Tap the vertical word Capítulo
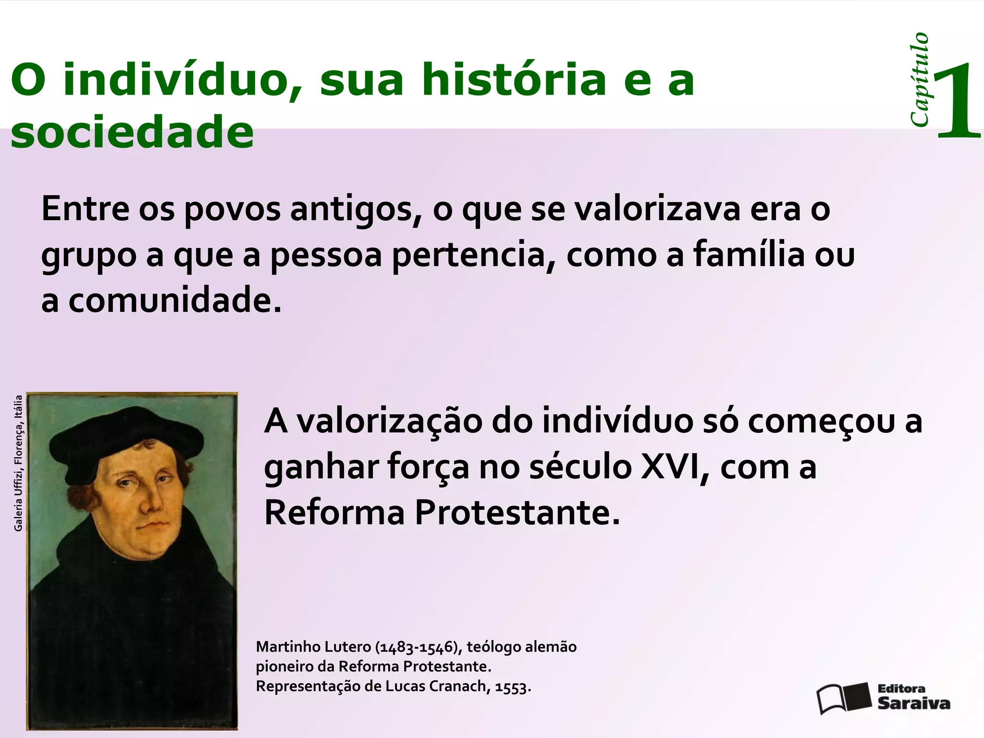[x=919, y=80]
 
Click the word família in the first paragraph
[x=749, y=255]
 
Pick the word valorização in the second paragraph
[x=389, y=421]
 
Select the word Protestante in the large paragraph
[x=517, y=513]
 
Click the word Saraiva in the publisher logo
[x=914, y=703]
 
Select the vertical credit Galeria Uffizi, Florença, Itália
[x=18, y=463]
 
